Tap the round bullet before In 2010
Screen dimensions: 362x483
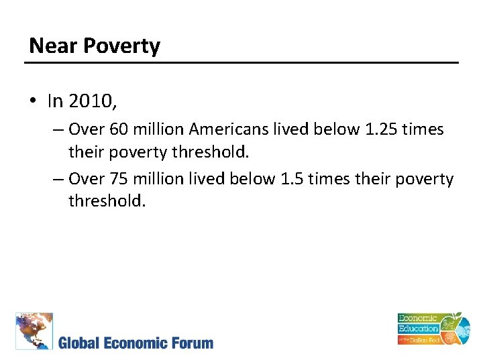[33, 101]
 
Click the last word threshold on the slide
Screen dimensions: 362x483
[107, 200]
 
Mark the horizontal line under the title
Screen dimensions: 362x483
[241, 63]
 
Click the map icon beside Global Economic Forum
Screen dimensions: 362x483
[34, 330]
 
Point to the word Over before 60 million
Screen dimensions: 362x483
[86, 129]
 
